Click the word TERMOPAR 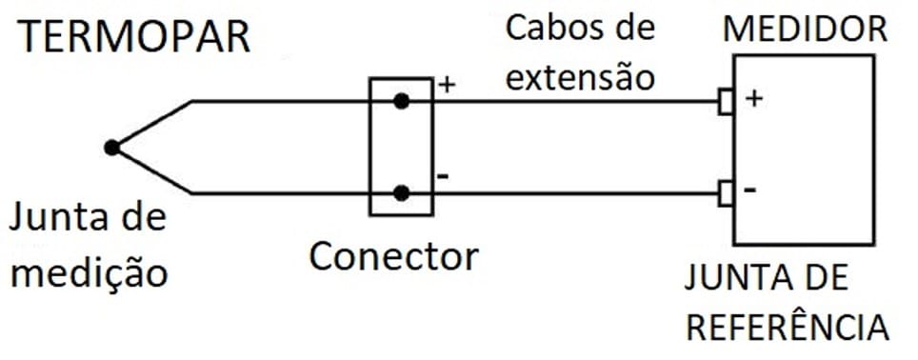click(x=135, y=36)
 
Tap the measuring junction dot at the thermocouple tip click(x=112, y=148)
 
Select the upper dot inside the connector click(x=402, y=101)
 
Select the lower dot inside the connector click(x=402, y=193)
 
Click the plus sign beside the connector click(x=446, y=85)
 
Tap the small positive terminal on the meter click(x=726, y=101)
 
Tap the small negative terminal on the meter click(x=726, y=193)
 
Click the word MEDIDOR click(x=805, y=29)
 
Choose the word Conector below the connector click(x=392, y=256)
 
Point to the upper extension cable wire click(x=571, y=101)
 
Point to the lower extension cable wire click(x=571, y=193)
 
